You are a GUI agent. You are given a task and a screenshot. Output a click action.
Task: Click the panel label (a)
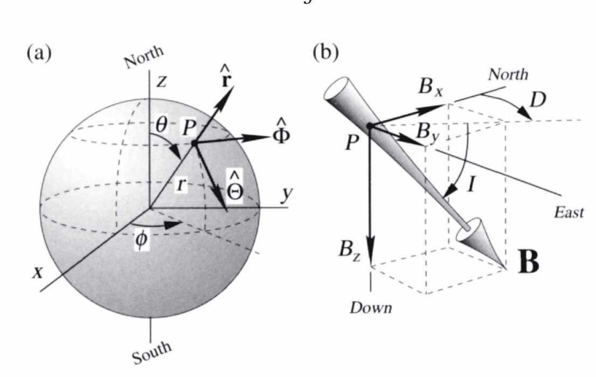pos(41,54)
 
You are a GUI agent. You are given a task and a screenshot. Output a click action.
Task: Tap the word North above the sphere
pos(144,58)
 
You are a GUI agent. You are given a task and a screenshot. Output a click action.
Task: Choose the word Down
pos(370,308)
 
